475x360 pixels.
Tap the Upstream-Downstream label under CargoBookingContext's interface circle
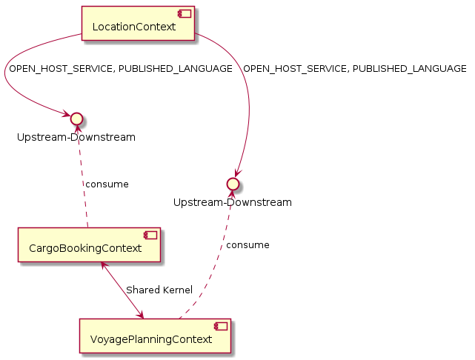click(76, 137)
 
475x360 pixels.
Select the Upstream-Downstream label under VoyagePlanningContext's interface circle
click(233, 201)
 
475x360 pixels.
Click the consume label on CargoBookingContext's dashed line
click(107, 184)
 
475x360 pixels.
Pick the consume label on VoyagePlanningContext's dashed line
click(248, 244)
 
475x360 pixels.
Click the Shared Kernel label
click(159, 290)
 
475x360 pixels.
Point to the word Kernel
click(177, 290)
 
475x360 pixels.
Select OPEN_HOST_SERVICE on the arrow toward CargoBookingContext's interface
click(56, 69)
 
